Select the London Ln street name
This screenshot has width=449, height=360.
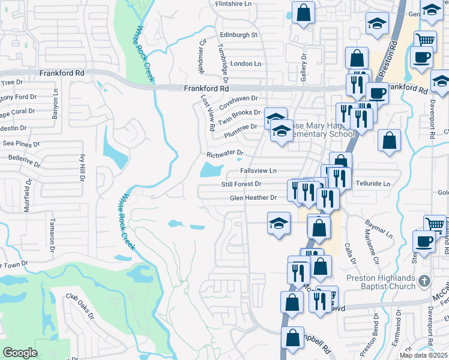pyautogui.click(x=246, y=64)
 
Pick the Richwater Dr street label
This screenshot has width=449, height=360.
pyautogui.click(x=225, y=154)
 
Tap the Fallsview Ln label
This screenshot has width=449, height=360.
pyautogui.click(x=258, y=170)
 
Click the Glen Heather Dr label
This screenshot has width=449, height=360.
pyautogui.click(x=253, y=197)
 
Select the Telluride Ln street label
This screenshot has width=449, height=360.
pyautogui.click(x=371, y=184)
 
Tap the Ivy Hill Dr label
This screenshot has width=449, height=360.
pyautogui.click(x=82, y=167)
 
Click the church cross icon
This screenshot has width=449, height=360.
pyautogui.click(x=424, y=281)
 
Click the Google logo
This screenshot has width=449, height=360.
pyautogui.click(x=20, y=353)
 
